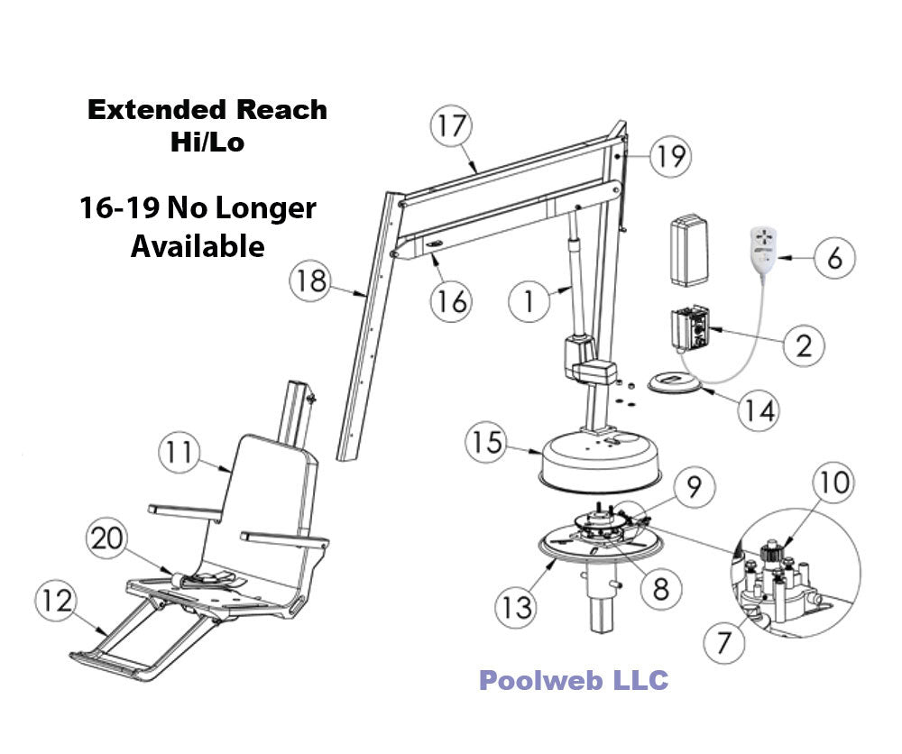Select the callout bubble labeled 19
(667, 156)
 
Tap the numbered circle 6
(835, 259)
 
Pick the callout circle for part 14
(758, 409)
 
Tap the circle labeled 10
(833, 484)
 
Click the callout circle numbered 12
(59, 601)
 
